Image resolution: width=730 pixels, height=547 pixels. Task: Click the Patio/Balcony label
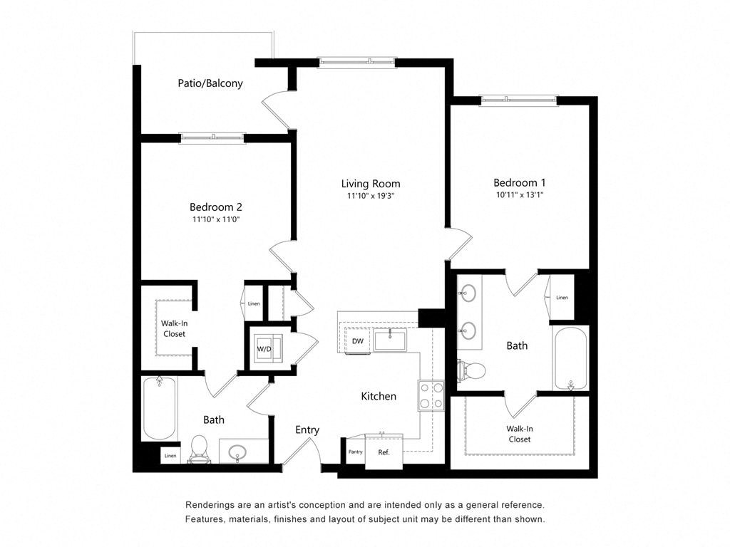coord(210,83)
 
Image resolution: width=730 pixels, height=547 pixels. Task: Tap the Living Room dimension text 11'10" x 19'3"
coord(370,196)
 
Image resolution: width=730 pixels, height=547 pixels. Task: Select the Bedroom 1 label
coord(519,183)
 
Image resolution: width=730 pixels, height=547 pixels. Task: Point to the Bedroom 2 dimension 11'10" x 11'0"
coord(215,220)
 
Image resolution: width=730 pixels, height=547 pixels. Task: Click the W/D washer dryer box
coord(265,348)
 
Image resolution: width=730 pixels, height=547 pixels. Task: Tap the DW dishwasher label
coord(359,341)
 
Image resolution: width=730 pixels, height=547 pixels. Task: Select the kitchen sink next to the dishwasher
coord(390,340)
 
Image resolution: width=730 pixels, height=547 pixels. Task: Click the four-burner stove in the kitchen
coord(431,395)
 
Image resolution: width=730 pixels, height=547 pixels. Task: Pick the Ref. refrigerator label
coord(384,452)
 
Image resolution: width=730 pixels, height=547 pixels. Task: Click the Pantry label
coord(355,452)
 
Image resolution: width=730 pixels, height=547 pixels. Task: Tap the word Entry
coord(307,430)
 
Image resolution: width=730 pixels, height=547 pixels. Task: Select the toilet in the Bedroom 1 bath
coord(471,370)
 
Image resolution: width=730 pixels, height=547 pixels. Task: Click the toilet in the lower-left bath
coord(199,449)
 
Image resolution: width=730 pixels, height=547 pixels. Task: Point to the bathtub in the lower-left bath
coord(159,409)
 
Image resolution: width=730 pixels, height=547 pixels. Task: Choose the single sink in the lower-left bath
coord(238,452)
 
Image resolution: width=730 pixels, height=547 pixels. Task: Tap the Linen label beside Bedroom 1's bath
coord(562,297)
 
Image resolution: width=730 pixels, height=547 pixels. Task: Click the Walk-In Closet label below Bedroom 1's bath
coord(520,434)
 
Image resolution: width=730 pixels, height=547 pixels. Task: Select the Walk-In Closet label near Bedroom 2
coord(174,328)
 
